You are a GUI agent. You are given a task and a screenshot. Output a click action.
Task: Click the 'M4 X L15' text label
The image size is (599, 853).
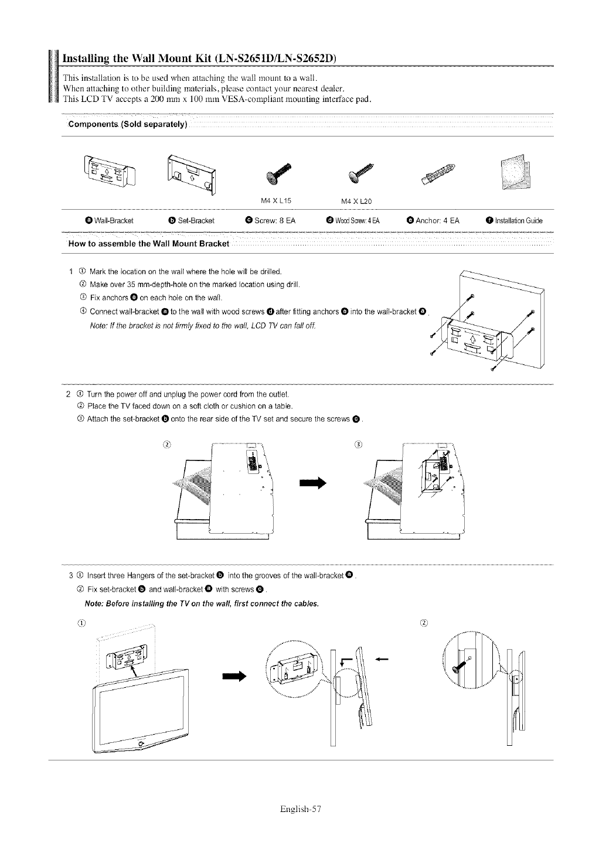click(x=276, y=201)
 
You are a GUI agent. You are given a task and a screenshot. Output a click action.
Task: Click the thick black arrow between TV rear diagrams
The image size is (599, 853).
click(x=312, y=483)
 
